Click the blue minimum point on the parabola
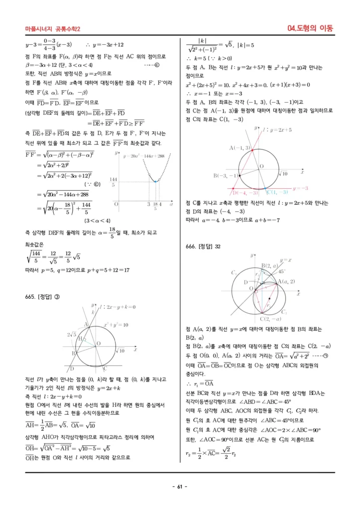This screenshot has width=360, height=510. tap(156, 181)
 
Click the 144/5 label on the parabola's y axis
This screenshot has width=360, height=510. tap(113, 182)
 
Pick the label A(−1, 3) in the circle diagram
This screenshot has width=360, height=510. tap(240, 148)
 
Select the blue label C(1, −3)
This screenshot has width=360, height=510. tap(277, 192)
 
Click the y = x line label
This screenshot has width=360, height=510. tap(286, 260)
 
